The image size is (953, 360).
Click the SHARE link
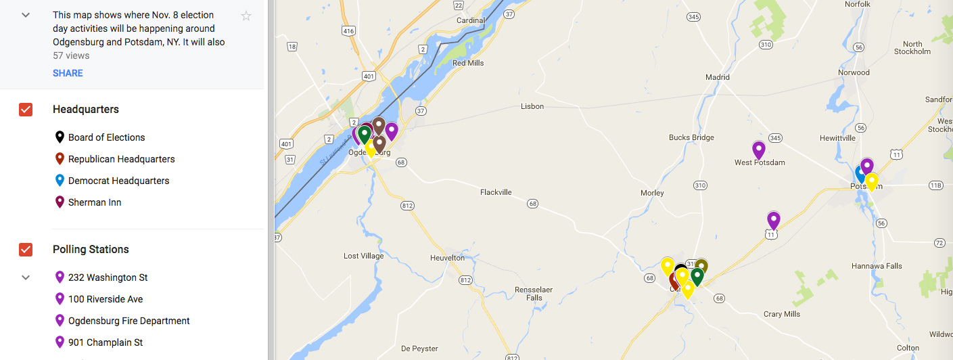[x=68, y=73]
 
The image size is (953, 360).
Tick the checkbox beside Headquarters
[x=26, y=110]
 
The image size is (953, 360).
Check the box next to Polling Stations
[x=26, y=250]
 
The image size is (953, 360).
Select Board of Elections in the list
[x=106, y=137]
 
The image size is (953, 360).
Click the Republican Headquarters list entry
[x=121, y=159]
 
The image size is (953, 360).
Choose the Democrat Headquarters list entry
[x=118, y=181]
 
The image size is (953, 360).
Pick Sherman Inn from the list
[x=95, y=202]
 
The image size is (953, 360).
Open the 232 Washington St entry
[x=108, y=277]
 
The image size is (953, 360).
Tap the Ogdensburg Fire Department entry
[x=129, y=321]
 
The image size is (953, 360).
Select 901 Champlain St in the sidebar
[x=106, y=342]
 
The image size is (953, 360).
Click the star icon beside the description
[x=246, y=16]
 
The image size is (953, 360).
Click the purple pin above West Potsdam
[x=759, y=150]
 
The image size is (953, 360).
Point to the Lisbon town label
[x=532, y=106]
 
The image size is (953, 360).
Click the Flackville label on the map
[x=496, y=192]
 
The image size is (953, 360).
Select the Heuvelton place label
[x=447, y=258]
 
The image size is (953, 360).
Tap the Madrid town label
[x=718, y=77]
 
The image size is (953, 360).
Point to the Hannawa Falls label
[x=877, y=266]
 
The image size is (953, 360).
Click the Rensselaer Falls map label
[x=534, y=294]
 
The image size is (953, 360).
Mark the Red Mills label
[x=468, y=63]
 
